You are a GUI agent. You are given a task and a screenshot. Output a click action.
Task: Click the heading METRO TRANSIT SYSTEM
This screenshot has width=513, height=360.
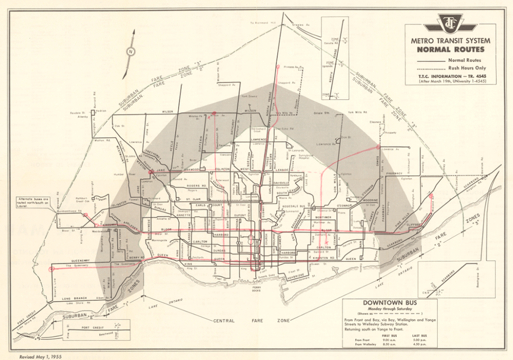point(450,41)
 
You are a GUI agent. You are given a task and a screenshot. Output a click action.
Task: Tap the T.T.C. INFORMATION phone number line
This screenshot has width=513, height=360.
point(450,76)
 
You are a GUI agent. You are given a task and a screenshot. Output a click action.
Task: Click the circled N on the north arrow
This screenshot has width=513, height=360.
point(130,52)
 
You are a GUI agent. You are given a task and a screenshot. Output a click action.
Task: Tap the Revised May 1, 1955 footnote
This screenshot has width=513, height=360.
point(40,356)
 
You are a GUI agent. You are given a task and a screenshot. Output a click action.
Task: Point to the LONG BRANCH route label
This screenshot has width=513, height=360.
point(75,298)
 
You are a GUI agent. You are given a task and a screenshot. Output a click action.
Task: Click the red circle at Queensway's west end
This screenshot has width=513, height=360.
point(52,269)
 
